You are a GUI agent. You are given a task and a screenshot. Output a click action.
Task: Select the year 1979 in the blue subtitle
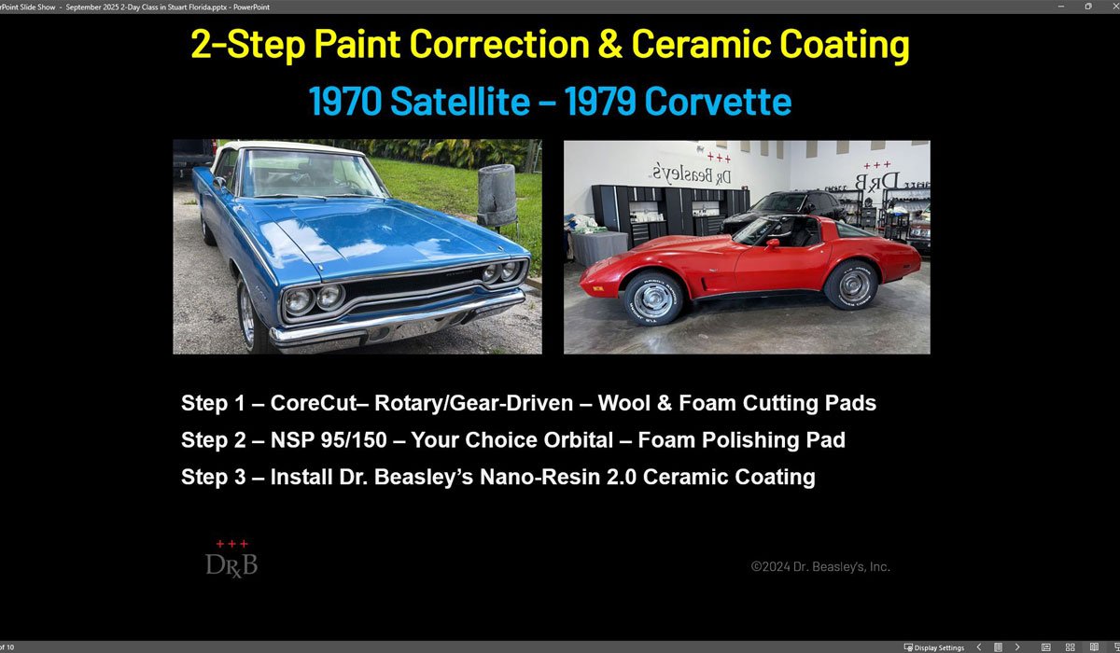coord(600,102)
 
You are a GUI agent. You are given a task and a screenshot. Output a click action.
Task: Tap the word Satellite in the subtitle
coord(460,102)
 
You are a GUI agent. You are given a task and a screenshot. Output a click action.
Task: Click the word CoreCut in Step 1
coord(314,403)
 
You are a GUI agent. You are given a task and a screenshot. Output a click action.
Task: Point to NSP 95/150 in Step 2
coord(329,440)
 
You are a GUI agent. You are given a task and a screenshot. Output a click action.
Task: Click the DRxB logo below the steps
coord(231,560)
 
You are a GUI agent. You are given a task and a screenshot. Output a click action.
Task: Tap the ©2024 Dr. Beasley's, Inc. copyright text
coord(820,566)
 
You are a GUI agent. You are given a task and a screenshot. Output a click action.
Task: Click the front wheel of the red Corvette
coord(653,299)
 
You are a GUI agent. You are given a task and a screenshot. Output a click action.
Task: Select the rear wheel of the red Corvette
coord(852,285)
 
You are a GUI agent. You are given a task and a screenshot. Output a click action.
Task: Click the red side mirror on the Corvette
coord(772,243)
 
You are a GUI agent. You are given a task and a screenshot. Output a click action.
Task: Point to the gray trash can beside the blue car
coord(497,196)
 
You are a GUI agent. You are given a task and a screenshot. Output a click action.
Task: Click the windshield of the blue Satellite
coord(309,174)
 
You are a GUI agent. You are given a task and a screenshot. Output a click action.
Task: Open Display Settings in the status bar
coord(934,647)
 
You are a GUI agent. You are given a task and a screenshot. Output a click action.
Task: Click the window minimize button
coord(1061,7)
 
